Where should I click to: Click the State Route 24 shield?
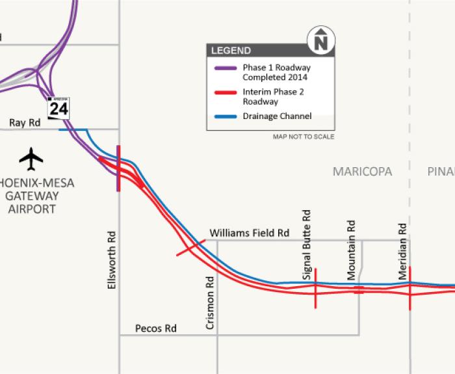[58, 107]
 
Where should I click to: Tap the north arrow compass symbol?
[320, 41]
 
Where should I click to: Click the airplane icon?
[31, 157]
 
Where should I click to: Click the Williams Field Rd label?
[249, 233]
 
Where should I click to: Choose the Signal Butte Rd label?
[307, 245]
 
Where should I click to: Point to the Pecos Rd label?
[155, 328]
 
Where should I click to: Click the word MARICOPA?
[362, 172]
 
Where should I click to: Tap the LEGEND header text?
[231, 51]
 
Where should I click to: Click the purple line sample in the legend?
[225, 68]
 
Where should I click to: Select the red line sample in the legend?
[225, 92]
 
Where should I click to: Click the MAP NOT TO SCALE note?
[304, 137]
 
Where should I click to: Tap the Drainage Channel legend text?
[277, 116]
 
